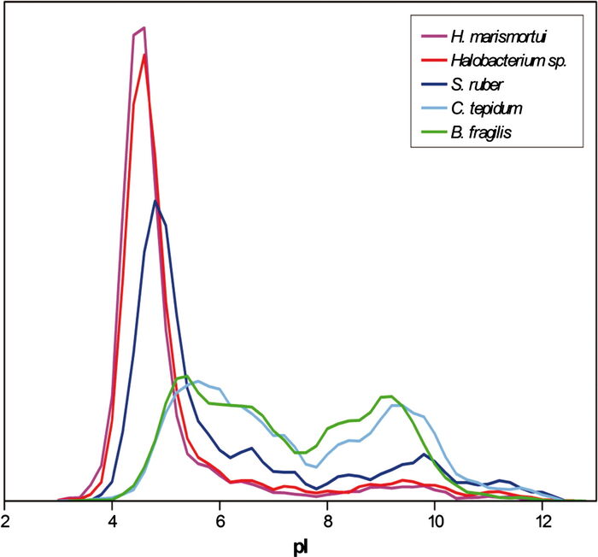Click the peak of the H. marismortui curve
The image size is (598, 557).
point(144,28)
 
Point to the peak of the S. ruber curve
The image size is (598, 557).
point(155,201)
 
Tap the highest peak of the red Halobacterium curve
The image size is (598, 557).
point(145,56)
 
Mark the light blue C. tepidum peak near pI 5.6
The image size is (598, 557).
point(197,381)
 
